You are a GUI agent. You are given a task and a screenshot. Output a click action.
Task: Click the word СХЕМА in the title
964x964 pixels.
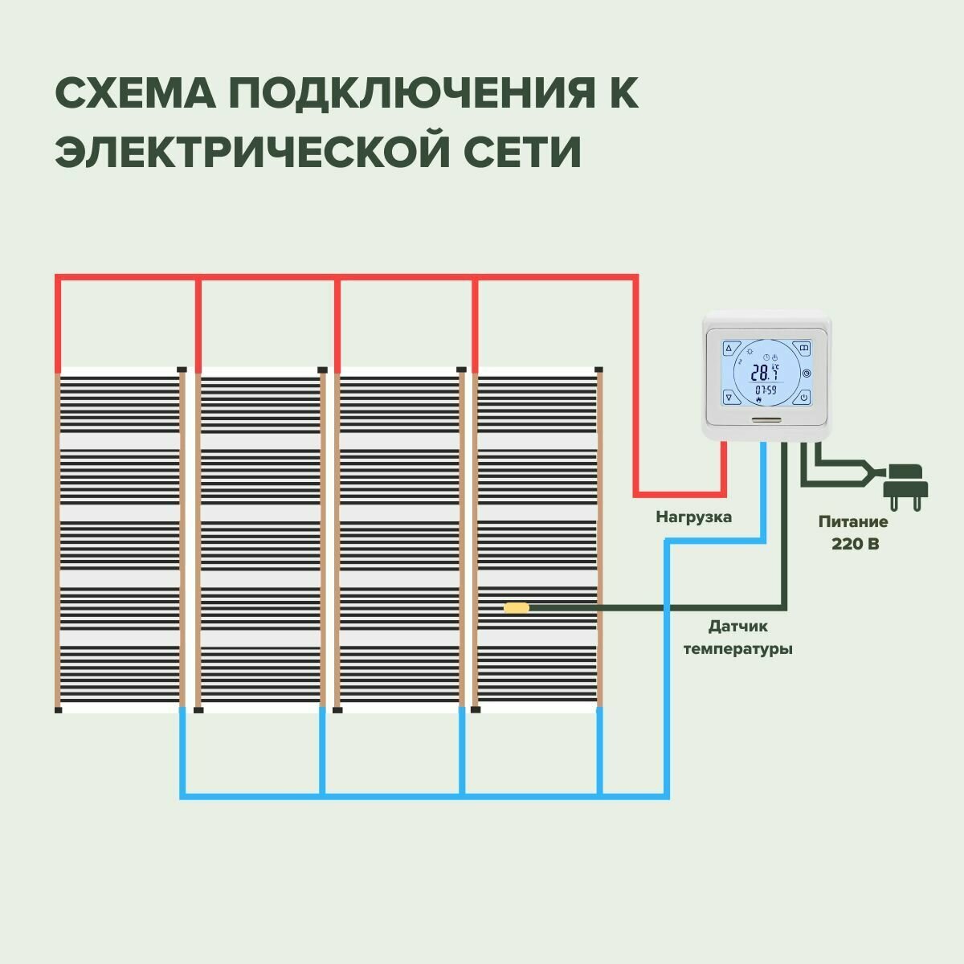133,95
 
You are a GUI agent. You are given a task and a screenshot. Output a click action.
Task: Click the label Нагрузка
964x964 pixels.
693,517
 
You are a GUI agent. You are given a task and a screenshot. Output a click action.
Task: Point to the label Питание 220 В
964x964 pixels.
853,533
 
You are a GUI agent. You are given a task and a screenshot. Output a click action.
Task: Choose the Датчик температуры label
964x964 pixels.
737,636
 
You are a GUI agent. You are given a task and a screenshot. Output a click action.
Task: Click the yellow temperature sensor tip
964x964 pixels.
516,607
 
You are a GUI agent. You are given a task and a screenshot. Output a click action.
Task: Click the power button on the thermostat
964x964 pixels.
803,397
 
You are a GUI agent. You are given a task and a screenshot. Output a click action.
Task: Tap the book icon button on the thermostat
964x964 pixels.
803,349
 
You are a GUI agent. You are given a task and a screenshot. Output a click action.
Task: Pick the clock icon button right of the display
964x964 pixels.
807,373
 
